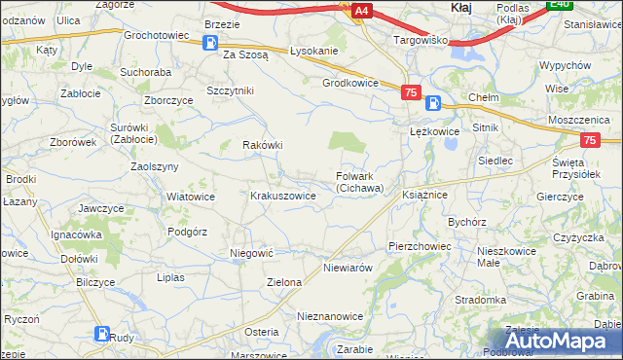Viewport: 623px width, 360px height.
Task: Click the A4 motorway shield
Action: pos(361,11)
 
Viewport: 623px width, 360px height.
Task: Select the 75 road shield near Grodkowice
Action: pos(410,91)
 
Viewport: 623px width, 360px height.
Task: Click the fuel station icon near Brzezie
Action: pos(210,42)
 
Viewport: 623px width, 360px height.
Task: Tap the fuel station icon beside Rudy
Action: pos(102,334)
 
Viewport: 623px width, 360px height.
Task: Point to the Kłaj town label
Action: pos(462,8)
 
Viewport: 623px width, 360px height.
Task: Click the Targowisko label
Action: pos(420,40)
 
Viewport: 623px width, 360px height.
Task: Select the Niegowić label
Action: pos(251,252)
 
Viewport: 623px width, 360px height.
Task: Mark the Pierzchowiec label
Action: pos(420,247)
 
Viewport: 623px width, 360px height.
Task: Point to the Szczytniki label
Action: pos(230,90)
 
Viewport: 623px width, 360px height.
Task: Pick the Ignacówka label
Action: pos(77,234)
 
